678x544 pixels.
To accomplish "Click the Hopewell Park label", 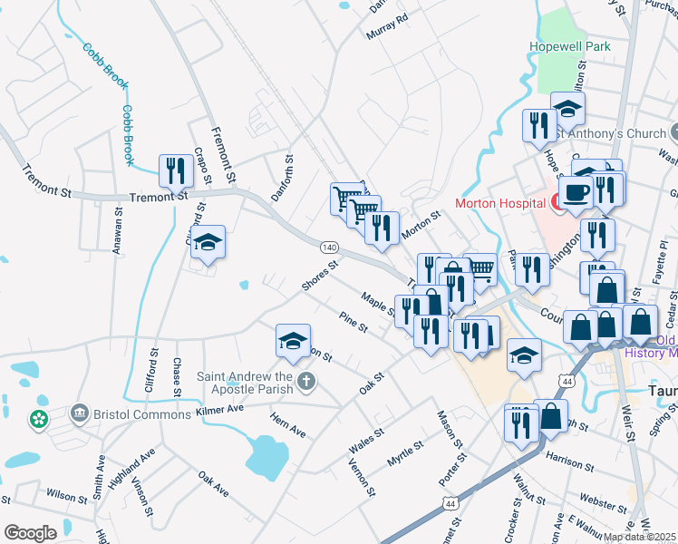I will coord(570,46).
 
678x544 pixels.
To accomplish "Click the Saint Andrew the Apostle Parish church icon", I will coord(306,381).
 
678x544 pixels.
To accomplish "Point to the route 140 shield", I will coord(329,247).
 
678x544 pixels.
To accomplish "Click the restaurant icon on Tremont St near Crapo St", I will coord(175,170).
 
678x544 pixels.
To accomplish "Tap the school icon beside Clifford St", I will coord(208,242).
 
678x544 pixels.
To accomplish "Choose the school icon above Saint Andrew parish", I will coord(293,341).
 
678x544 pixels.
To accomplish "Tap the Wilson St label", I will coord(66,496).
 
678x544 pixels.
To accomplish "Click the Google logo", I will coord(30,533).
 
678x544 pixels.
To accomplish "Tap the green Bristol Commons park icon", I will coord(39,420).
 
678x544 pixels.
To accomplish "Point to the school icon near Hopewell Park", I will coord(567,110).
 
